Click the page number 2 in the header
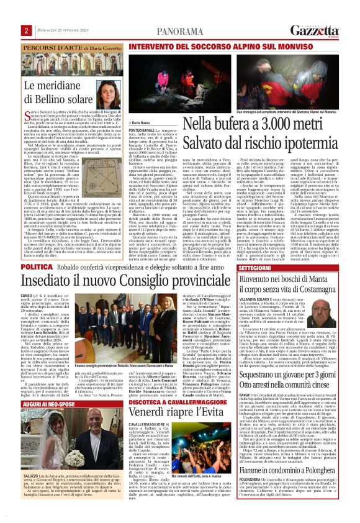click(27, 30)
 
